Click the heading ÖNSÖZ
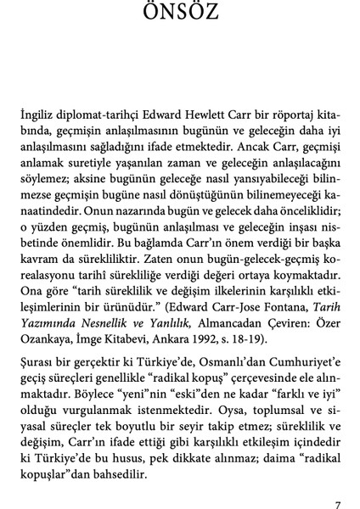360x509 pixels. point(180,14)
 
